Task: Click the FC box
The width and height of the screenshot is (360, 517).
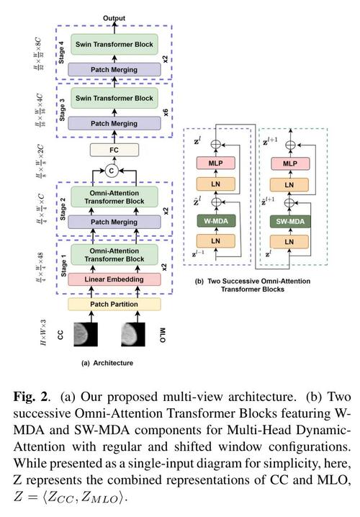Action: coord(114,150)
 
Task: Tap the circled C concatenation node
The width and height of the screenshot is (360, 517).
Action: coord(112,171)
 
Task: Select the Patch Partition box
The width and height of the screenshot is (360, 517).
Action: coord(114,304)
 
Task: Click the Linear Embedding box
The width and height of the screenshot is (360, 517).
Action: coord(114,279)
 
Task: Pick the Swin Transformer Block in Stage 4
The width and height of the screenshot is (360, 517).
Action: coord(114,44)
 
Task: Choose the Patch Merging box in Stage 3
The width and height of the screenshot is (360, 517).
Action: coord(114,123)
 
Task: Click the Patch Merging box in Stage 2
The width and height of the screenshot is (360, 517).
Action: coord(114,222)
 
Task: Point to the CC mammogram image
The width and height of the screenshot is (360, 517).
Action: coord(86,334)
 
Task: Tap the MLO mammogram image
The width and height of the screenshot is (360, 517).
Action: coord(133,334)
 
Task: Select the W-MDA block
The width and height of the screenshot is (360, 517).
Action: coord(216,221)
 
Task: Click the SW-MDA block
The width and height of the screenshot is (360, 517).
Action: coord(290,222)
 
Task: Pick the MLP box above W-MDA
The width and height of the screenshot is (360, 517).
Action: coord(215,163)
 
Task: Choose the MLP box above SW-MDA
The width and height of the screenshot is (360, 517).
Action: coord(289,164)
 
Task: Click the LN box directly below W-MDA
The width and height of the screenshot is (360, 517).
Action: coord(215,241)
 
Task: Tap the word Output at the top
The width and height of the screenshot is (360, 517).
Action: coord(114,18)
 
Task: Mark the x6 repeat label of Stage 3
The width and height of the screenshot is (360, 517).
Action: coord(166,112)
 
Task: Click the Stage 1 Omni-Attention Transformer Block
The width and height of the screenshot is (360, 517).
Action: coord(114,255)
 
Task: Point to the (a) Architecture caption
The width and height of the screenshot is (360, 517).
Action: coord(107,363)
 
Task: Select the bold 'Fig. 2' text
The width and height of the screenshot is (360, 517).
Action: coord(31,396)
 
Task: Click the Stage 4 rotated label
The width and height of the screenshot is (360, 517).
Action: coord(62,53)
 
